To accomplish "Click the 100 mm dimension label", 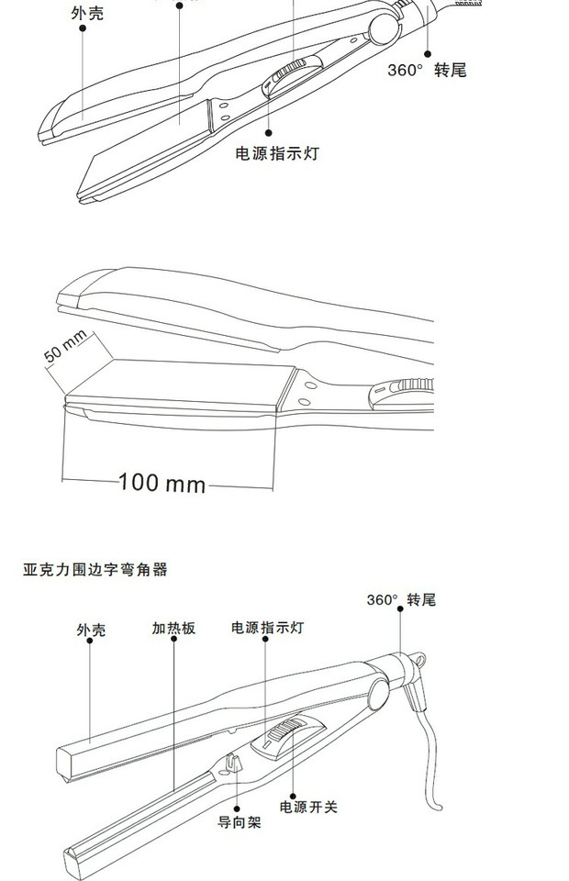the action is pyautogui.click(x=162, y=482).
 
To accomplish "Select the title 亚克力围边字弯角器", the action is pyautogui.click(x=95, y=570).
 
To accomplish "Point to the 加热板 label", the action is pyautogui.click(x=173, y=630).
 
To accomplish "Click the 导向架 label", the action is pyautogui.click(x=239, y=822).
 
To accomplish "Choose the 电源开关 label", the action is pyautogui.click(x=308, y=808).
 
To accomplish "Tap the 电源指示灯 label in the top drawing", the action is pyautogui.click(x=276, y=153).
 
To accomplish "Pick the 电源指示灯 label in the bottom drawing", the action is pyautogui.click(x=267, y=629).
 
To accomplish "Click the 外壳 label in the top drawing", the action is pyautogui.click(x=86, y=14).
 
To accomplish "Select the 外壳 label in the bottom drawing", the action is pyautogui.click(x=91, y=630).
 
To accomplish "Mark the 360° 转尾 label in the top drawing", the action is pyautogui.click(x=427, y=71).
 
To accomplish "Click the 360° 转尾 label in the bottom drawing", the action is pyautogui.click(x=401, y=600).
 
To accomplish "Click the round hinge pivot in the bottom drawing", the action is pyautogui.click(x=377, y=691).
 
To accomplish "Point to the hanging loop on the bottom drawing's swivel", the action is pyautogui.click(x=417, y=658).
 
